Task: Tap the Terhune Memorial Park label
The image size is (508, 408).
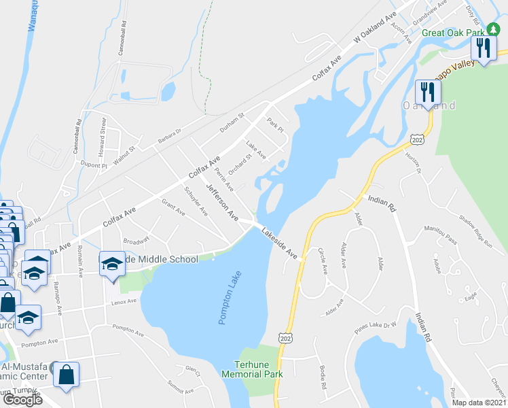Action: [x=257, y=369]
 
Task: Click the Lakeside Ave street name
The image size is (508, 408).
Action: [x=279, y=243]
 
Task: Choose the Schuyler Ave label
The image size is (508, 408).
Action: [x=196, y=201]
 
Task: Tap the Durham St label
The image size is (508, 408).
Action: [x=232, y=122]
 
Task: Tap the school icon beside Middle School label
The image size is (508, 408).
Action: [x=111, y=265]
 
